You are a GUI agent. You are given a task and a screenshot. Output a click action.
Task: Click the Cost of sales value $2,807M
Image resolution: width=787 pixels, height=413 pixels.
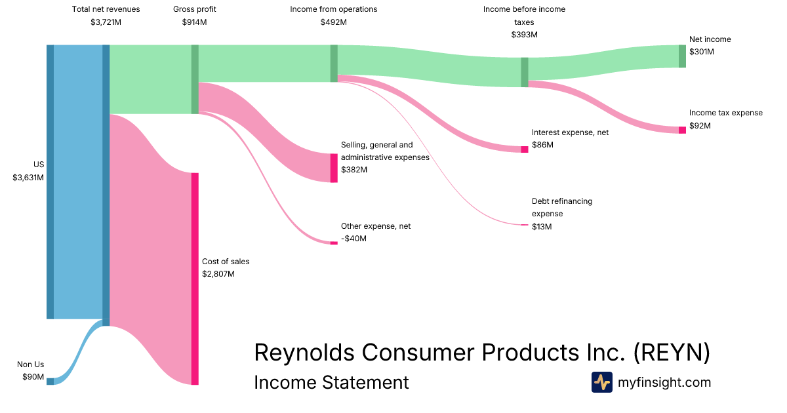pos(218,273)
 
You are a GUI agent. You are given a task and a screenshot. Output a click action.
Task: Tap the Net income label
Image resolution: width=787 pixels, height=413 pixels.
pos(710,39)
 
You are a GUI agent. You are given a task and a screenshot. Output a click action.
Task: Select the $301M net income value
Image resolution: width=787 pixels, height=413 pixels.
pos(702,52)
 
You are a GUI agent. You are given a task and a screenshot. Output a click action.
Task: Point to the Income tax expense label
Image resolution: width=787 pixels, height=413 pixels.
pos(725,113)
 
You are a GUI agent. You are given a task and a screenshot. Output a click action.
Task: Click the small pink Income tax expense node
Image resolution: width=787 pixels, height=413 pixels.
pos(682,130)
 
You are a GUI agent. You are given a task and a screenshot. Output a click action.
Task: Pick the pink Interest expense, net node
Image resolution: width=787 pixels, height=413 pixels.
pos(524,149)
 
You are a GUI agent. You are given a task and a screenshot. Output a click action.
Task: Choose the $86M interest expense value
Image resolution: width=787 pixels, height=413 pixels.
pos(542,145)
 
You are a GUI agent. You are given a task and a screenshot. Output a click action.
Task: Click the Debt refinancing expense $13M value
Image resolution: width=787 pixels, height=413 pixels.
pos(542,227)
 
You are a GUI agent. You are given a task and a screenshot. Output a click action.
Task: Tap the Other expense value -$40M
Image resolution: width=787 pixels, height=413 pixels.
pos(353,239)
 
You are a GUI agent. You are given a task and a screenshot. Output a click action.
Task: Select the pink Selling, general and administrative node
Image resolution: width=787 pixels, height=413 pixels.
pos(334,168)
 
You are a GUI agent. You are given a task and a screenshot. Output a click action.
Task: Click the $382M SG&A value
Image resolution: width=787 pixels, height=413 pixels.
pos(354,170)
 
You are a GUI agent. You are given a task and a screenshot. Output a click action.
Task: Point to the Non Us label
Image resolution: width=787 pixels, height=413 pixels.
pos(30,364)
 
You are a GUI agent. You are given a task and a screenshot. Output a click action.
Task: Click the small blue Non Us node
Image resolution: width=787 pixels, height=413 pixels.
pos(50,381)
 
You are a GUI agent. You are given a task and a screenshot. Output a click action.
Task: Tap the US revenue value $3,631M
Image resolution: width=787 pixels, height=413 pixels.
pos(28,177)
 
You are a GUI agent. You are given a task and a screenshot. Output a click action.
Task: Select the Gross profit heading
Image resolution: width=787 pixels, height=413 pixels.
pos(194,9)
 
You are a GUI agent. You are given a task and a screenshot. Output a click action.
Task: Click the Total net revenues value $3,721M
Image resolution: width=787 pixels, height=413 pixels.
pos(106,22)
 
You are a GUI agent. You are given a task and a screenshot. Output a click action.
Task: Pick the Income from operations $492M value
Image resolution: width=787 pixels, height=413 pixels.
pos(333,22)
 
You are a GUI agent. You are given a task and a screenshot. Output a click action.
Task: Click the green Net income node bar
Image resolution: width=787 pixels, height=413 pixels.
pos(682,56)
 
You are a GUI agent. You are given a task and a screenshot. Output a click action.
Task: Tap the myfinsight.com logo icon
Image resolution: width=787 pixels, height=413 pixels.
pos(601,382)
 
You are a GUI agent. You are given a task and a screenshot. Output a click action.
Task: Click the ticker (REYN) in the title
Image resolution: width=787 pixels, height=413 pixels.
pos(672,352)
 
